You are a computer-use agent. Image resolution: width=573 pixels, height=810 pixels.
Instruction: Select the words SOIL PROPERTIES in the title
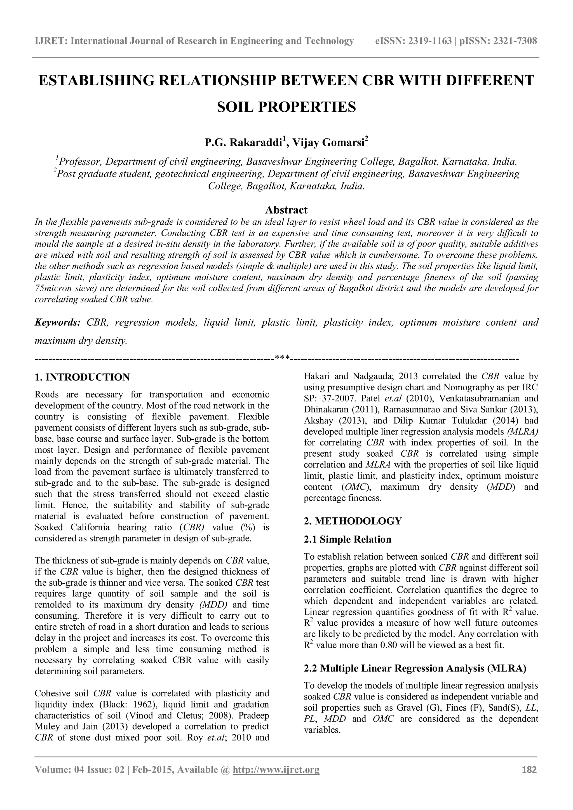286,107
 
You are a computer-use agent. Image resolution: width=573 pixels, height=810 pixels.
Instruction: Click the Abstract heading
286,210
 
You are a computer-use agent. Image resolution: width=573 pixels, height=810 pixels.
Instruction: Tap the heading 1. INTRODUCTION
82,377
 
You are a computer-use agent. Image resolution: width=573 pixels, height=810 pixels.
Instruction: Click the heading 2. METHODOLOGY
353,521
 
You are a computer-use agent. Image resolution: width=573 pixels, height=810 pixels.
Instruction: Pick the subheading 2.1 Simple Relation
347,539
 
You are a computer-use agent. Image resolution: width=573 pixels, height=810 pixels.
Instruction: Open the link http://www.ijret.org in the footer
276,769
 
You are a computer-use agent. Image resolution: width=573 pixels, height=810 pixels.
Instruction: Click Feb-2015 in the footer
153,769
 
